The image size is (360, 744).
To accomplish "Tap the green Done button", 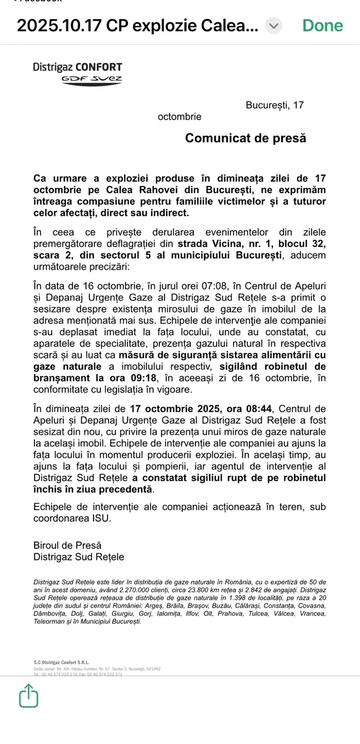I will [x=322, y=25].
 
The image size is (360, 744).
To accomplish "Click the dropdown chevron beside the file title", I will [x=274, y=26].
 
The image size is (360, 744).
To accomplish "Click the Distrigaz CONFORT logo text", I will [x=78, y=67].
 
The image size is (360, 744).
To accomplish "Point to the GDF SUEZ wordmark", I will [x=92, y=79].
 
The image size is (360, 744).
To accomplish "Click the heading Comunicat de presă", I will [x=245, y=138].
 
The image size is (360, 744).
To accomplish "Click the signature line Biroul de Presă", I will [x=67, y=545].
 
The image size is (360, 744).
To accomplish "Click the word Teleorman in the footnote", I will [x=50, y=622].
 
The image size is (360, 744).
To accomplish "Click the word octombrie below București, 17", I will [x=179, y=117].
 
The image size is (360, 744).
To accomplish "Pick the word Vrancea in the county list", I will [x=312, y=613].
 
